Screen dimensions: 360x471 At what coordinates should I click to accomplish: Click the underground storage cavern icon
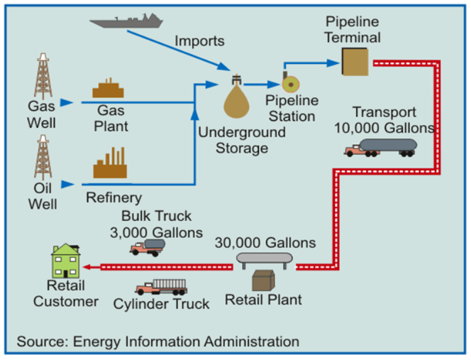point(238,99)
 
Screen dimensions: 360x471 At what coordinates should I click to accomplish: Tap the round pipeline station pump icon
point(290,82)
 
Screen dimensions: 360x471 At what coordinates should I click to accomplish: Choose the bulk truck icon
point(148,246)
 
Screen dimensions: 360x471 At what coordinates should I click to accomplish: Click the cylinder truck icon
point(161,287)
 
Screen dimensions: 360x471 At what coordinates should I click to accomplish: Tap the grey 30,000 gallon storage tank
point(264,261)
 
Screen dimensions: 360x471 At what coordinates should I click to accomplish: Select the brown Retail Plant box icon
point(264,281)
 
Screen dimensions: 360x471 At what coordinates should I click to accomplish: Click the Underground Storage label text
point(242,140)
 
